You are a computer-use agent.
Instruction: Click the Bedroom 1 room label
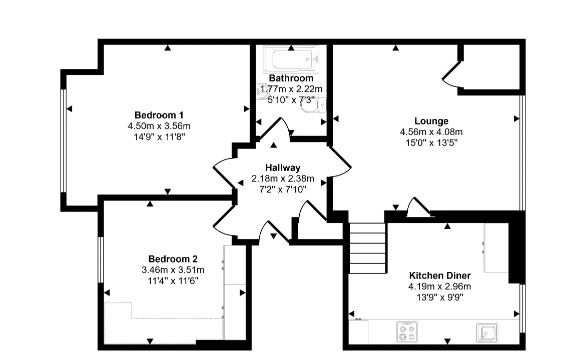[159, 115]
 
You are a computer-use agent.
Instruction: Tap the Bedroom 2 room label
[173, 259]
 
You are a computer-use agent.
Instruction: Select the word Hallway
[283, 167]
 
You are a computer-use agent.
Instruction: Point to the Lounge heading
[431, 121]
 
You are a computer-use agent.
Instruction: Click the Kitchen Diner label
[440, 275]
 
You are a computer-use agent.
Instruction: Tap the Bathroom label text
[291, 78]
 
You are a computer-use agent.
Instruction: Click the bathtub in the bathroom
[291, 59]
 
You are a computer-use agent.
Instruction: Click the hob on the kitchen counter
[407, 332]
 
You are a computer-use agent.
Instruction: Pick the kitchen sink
[487, 333]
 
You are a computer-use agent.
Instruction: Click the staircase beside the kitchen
[367, 248]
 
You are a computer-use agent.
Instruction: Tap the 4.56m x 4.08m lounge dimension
[431, 132]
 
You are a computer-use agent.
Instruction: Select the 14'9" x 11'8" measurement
[159, 137]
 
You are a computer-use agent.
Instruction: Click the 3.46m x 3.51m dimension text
[173, 270]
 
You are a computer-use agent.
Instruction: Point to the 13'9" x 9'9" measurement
[440, 297]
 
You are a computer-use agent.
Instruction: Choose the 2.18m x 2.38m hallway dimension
[283, 178]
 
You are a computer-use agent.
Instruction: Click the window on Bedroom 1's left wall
[64, 141]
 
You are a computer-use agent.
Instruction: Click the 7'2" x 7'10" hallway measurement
[283, 189]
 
